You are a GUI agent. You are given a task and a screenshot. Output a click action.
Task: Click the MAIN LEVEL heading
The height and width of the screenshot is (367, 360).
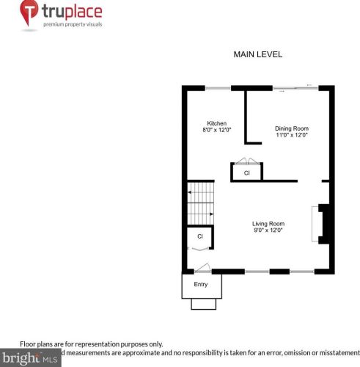pyautogui.click(x=257, y=54)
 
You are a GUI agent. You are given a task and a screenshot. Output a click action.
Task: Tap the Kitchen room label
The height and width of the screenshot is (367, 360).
pyautogui.click(x=216, y=123)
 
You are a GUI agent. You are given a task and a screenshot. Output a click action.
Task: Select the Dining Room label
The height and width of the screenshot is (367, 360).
pyautogui.click(x=292, y=128)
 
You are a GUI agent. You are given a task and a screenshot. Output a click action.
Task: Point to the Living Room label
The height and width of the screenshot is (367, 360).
pyautogui.click(x=268, y=224)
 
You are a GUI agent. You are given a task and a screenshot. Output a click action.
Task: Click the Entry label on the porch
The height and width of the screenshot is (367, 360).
pyautogui.click(x=201, y=284)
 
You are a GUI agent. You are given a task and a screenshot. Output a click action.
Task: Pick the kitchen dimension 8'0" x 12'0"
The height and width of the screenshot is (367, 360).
pyautogui.click(x=216, y=130)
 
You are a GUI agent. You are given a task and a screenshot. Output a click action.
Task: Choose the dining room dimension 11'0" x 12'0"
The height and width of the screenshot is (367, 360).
pyautogui.click(x=292, y=135)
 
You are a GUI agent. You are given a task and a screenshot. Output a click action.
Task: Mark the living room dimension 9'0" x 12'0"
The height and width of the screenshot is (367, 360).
pyautogui.click(x=268, y=230)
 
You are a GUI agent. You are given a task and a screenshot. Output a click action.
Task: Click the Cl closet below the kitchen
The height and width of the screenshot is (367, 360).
pyautogui.click(x=247, y=172)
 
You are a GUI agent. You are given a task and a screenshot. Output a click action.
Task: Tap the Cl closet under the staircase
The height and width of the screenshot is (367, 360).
pyautogui.click(x=199, y=236)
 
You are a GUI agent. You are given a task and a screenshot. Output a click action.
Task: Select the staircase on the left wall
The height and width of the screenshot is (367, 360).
pyautogui.click(x=200, y=203)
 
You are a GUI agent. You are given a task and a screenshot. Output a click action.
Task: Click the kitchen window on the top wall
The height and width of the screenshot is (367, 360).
pyautogui.click(x=217, y=88)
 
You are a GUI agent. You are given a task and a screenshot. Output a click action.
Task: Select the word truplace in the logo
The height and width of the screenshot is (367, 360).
pyautogui.click(x=72, y=12)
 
